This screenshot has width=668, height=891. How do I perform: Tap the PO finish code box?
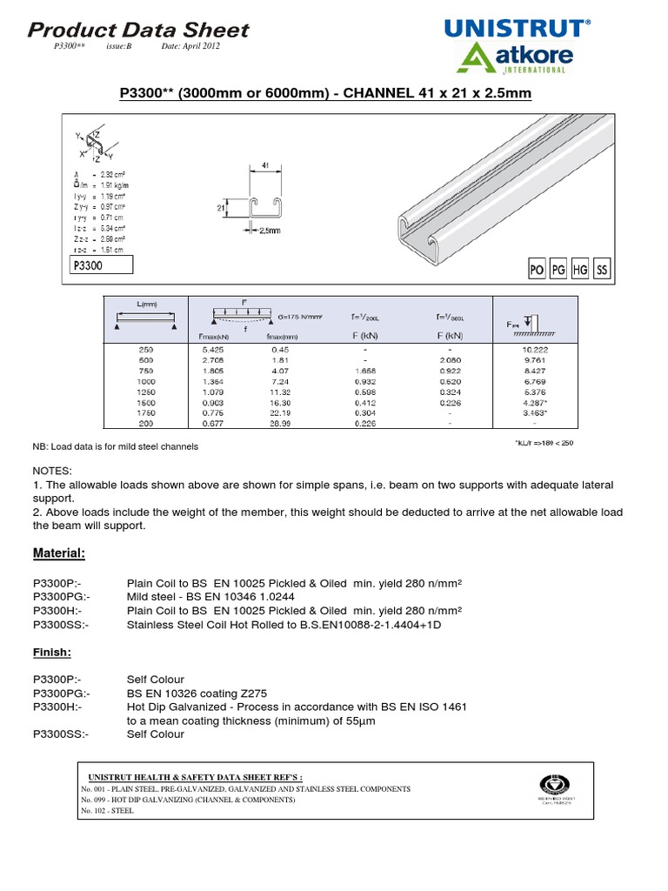[x=538, y=271]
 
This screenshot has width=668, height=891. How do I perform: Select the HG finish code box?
[x=580, y=271]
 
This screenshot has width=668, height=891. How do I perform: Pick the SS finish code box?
[x=601, y=271]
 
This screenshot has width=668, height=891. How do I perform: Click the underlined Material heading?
[x=58, y=553]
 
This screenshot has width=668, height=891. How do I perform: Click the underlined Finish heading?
[x=52, y=652]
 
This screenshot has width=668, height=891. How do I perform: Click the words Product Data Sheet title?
[x=139, y=30]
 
